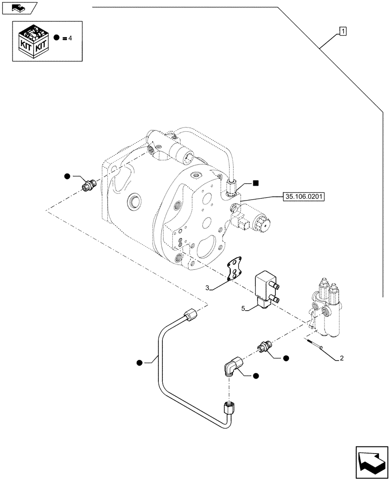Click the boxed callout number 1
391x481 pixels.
click(342, 32)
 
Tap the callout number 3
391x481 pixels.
click(207, 288)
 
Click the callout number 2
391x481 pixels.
click(341, 358)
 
